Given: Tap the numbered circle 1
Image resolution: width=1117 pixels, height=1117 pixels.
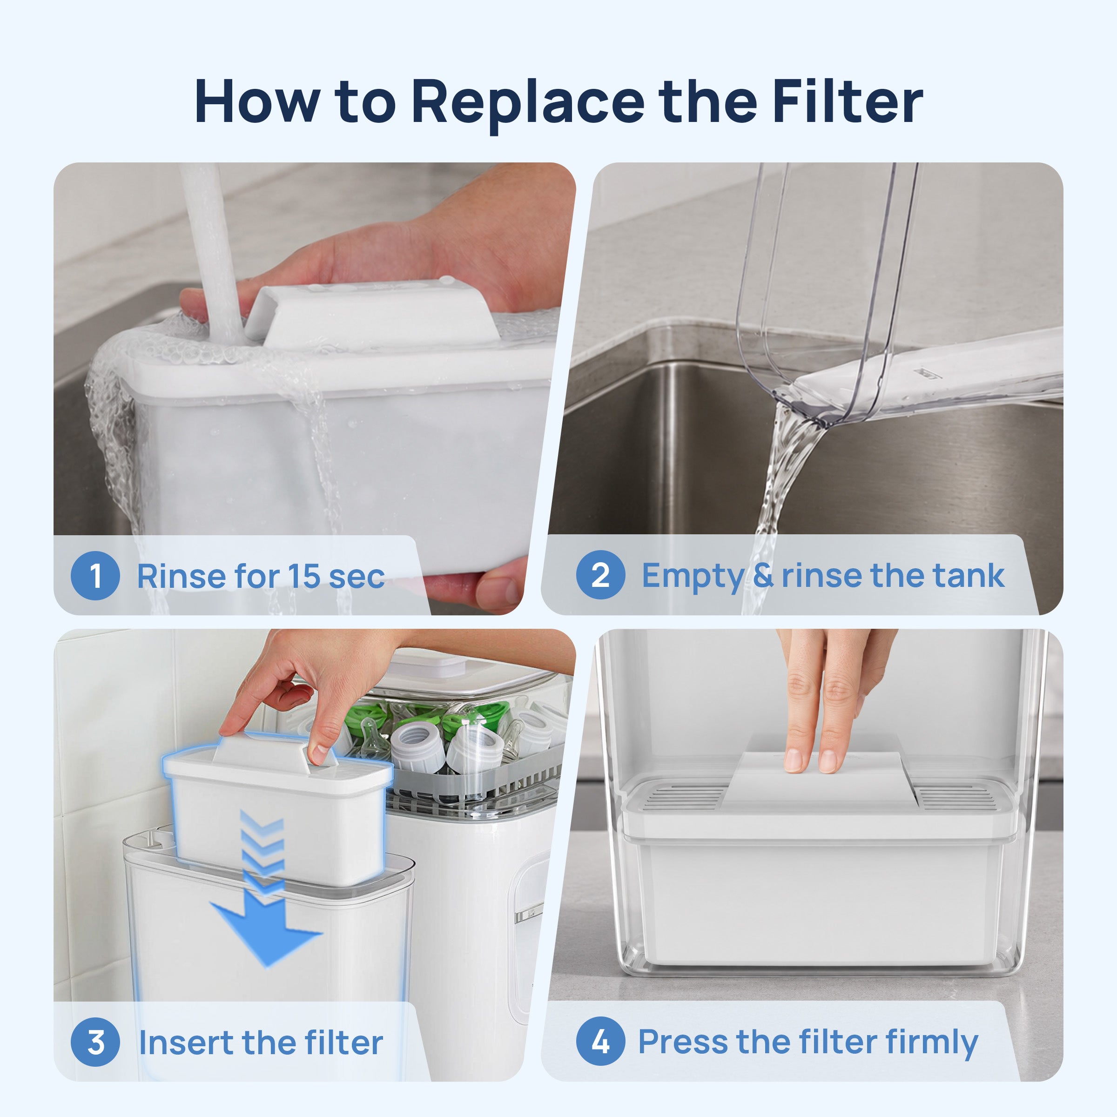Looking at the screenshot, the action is [95, 576].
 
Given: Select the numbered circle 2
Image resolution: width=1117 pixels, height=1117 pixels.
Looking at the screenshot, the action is [601, 575].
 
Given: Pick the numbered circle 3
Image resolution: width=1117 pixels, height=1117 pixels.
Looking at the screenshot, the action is [95, 1043].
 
